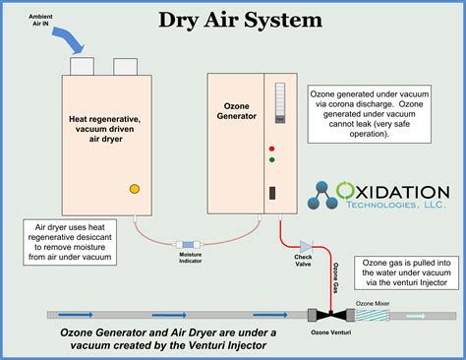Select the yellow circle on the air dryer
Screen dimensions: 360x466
(x=135, y=188)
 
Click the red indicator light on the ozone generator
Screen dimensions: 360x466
(x=271, y=149)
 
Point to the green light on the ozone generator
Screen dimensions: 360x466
(x=271, y=159)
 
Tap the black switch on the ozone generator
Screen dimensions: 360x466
(x=271, y=193)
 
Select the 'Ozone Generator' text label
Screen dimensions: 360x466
(x=234, y=111)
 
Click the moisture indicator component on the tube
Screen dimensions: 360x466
(x=190, y=243)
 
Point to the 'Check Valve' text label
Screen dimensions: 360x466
(x=304, y=261)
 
